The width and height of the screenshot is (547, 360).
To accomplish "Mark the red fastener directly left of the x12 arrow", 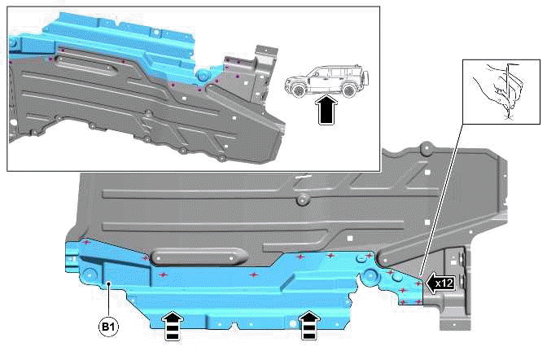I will coord(419,283).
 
